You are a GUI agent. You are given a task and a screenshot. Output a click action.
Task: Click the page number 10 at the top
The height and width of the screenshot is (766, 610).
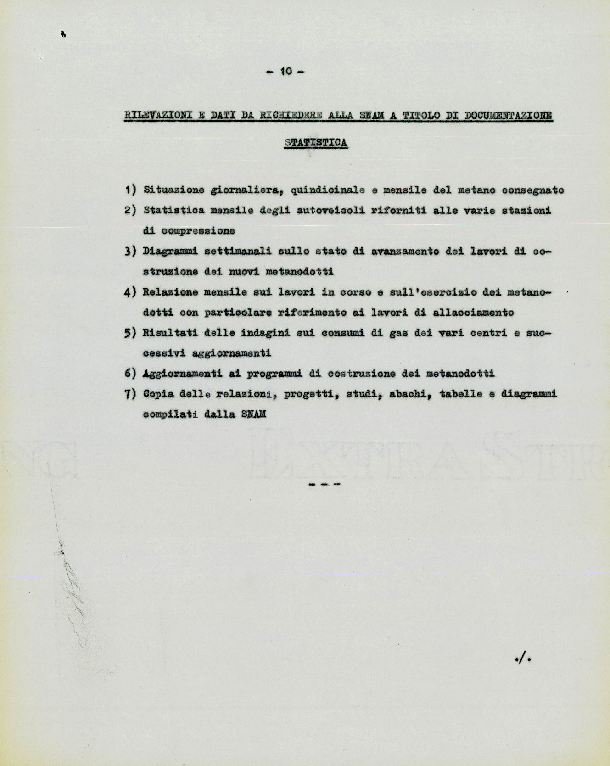[x=285, y=71]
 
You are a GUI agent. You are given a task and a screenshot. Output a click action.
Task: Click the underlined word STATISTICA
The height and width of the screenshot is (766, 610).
[x=316, y=143]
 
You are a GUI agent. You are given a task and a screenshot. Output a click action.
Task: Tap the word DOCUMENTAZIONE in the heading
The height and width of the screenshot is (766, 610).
[x=509, y=115]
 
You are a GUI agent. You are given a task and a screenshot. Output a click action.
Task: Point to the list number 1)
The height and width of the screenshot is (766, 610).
[x=130, y=190]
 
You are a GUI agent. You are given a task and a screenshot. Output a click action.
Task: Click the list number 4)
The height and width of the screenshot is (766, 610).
[x=130, y=292]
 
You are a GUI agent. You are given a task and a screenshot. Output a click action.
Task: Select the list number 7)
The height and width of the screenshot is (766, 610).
[x=130, y=394]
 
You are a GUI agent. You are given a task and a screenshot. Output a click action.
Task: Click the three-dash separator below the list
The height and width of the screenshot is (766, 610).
[x=324, y=484]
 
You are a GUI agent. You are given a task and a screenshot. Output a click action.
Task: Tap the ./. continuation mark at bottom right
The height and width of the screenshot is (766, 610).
[x=523, y=659]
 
